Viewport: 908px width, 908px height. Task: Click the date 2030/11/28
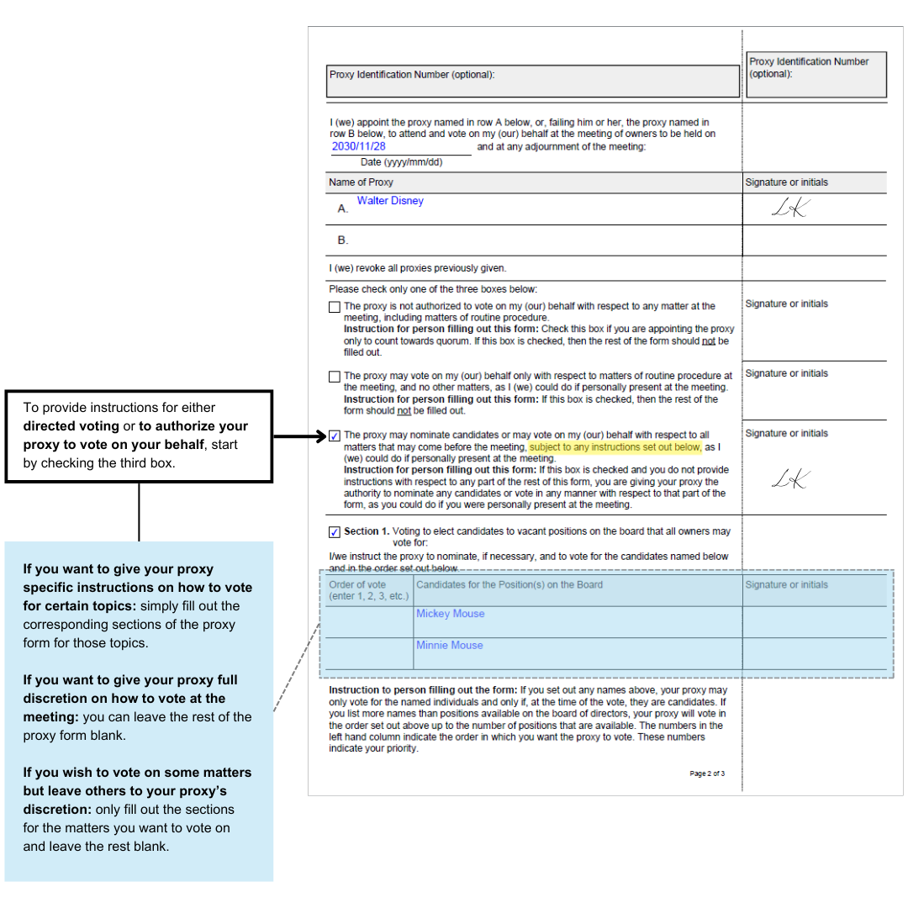(358, 146)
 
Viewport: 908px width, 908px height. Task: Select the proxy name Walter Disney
(390, 201)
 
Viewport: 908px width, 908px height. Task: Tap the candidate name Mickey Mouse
(450, 614)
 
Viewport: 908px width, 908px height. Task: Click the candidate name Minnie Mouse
(450, 645)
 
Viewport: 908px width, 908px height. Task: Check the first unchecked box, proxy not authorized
(335, 307)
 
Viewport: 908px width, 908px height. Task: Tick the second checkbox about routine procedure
(335, 377)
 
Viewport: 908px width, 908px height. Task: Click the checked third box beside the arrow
(335, 436)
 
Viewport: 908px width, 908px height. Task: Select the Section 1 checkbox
(335, 532)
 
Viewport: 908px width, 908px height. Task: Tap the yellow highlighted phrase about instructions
(615, 447)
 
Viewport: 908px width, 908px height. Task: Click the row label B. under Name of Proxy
(343, 240)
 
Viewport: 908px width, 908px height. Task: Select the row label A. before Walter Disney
(343, 209)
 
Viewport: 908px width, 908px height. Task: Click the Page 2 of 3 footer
(707, 773)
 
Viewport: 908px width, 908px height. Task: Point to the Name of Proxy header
(361, 182)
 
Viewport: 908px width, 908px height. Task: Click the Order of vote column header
(368, 590)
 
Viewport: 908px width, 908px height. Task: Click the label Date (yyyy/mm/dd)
(401, 162)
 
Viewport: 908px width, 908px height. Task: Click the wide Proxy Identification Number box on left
(533, 81)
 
